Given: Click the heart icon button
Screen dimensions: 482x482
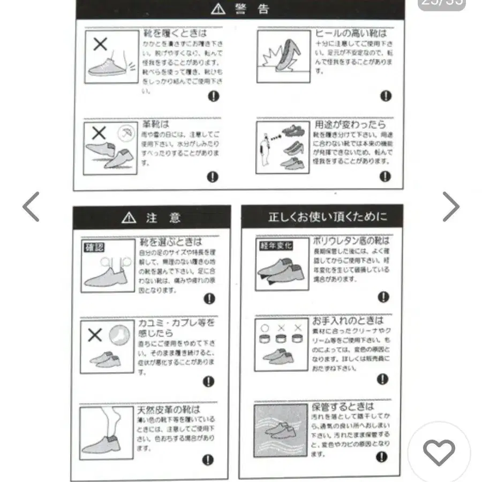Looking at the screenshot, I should tap(439, 453).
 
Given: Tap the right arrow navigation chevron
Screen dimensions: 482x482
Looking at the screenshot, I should tap(450, 207).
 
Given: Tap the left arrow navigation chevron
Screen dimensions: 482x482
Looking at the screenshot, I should tap(31, 207).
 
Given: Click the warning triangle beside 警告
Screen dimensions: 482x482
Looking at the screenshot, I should tap(218, 9).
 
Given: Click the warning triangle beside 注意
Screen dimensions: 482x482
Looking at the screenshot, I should tap(129, 217).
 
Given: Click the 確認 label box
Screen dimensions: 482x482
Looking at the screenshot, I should tap(94, 247).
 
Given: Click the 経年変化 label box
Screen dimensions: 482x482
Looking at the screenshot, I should tap(276, 246).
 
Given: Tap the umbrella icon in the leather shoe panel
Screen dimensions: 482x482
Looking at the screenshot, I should tap(126, 133).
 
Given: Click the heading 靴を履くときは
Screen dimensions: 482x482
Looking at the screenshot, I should tap(175, 33).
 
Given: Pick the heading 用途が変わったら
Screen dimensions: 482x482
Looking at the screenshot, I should tap(350, 125).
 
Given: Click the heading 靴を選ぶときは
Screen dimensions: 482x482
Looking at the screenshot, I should tap(170, 242).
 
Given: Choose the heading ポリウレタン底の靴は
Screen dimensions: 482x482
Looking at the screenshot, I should tap(351, 241).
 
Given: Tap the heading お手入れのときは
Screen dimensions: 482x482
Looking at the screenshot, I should tap(348, 321).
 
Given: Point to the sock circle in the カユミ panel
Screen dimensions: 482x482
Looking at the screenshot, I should tap(119, 336).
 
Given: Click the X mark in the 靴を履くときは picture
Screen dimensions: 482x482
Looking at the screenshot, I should tap(100, 44).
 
